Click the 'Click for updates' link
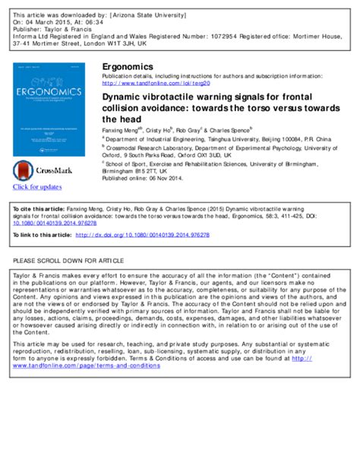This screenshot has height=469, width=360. (37, 187)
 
